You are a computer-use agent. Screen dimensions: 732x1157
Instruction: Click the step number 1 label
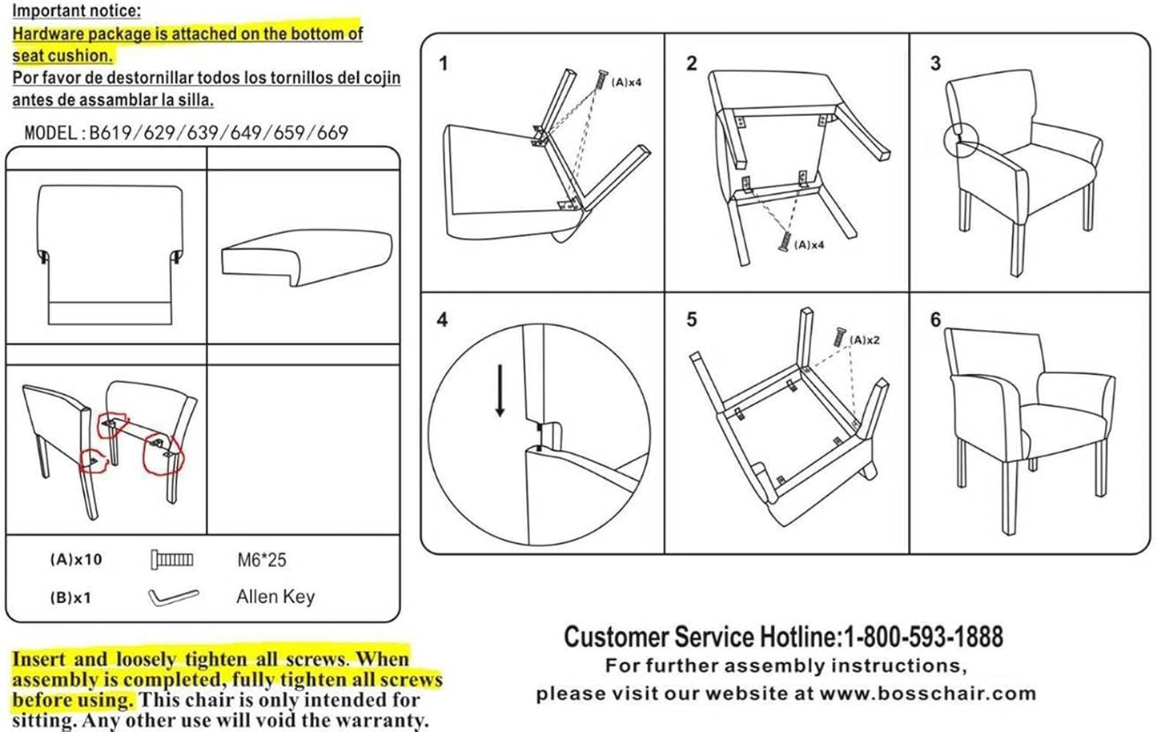(x=444, y=64)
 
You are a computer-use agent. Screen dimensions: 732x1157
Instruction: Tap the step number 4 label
(x=442, y=320)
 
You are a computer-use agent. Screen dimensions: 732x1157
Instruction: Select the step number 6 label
(x=935, y=320)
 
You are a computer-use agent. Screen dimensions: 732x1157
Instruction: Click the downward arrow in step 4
(x=500, y=390)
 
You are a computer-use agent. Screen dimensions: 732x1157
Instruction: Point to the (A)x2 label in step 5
(x=864, y=340)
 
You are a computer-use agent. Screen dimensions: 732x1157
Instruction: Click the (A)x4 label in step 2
(x=809, y=245)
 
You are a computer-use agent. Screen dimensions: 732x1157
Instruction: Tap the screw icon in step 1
(x=601, y=80)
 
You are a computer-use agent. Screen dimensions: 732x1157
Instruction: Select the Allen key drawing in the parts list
(x=173, y=597)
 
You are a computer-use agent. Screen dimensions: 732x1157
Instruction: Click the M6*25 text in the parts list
(x=261, y=560)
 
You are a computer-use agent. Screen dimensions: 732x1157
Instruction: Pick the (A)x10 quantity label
(x=76, y=560)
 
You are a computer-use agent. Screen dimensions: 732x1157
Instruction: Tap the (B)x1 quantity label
(x=70, y=597)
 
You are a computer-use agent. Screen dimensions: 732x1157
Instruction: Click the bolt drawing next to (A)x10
(x=172, y=559)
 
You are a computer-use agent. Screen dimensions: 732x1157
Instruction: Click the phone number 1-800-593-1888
(x=922, y=637)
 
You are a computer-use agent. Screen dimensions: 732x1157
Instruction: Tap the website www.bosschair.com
(x=927, y=694)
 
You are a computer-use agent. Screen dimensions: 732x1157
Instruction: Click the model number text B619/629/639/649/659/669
(x=218, y=132)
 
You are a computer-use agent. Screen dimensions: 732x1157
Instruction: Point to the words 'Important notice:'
(x=76, y=11)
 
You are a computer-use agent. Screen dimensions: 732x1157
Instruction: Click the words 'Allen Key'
(x=275, y=597)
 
